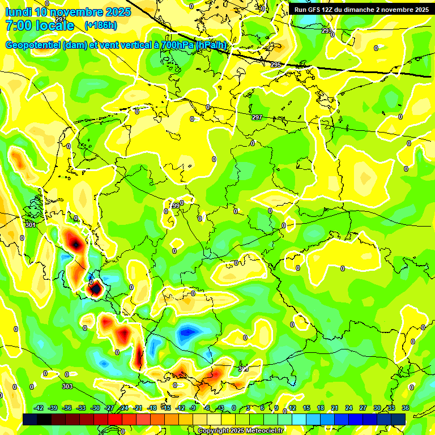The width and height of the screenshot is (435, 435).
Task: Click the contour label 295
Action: point(276,65)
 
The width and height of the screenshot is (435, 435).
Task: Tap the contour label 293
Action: point(326,31)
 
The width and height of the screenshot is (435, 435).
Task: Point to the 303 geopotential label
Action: point(67,386)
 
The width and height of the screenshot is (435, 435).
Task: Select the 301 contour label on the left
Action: point(30,225)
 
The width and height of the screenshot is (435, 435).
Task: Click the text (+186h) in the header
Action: point(100,25)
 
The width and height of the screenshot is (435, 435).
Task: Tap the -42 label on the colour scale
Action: point(39,408)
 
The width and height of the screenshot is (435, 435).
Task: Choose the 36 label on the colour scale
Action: point(406,408)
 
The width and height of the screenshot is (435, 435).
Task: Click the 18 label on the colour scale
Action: point(321,408)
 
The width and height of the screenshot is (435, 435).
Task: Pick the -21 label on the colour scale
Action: point(138,408)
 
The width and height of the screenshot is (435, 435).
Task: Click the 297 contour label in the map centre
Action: point(257,117)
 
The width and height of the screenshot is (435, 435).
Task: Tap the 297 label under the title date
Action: point(61,19)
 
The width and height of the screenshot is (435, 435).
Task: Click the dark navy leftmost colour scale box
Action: point(30,419)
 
